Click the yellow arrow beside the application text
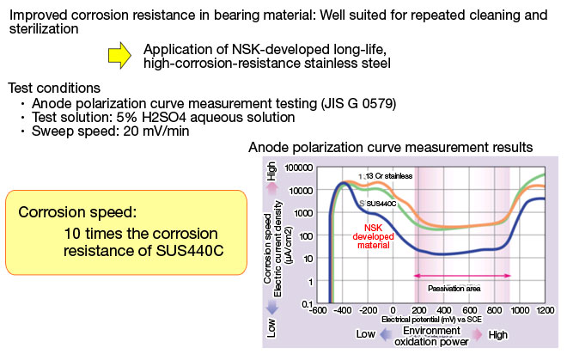click(x=119, y=55)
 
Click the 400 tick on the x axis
click(x=443, y=309)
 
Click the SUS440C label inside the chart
click(x=381, y=203)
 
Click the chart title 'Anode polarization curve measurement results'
click(x=391, y=147)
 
